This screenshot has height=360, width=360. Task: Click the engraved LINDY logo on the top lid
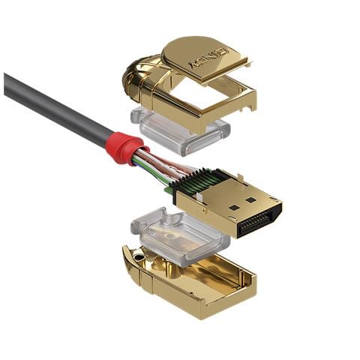coord(209,58)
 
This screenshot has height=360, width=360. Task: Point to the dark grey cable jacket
coord(58,108)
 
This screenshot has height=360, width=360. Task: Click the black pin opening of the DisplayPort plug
coord(260,220)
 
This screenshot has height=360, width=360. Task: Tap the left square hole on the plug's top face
coord(234,208)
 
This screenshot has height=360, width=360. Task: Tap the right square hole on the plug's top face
coord(250,200)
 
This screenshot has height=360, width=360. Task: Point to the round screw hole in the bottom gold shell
coord(137,256)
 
